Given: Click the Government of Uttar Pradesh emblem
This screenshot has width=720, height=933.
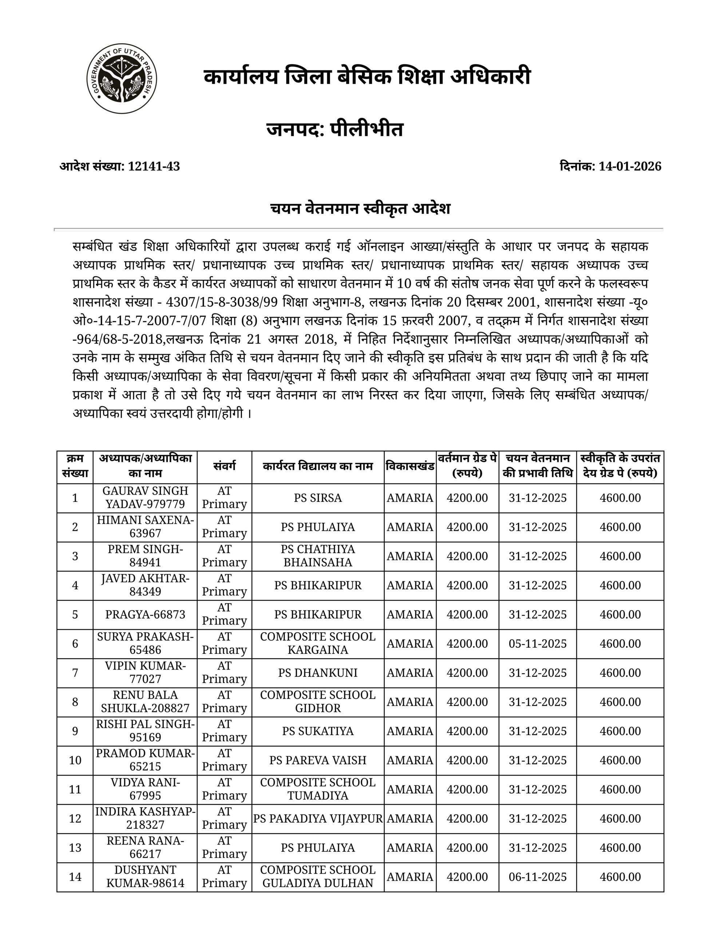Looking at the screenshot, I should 122,79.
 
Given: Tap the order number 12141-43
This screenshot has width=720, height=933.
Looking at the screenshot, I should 154,166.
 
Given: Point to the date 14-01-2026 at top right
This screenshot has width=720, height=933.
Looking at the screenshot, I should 629,166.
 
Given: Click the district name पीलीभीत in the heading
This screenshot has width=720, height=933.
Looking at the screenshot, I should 367,129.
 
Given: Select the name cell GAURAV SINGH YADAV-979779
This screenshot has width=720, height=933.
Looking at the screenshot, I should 145,498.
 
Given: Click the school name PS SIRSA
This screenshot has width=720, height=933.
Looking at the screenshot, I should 317,498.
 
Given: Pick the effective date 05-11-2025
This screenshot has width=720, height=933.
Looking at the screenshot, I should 537,644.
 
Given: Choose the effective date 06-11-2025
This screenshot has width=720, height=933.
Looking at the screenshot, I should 537,877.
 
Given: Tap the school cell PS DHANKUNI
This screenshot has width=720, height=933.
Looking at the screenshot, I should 317,673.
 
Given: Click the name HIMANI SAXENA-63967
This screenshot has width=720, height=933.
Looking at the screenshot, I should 145,527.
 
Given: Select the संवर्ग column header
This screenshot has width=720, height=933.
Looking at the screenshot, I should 224,466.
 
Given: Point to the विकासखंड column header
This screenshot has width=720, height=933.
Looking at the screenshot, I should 410,466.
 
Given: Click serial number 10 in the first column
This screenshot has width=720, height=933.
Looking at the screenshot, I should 75,760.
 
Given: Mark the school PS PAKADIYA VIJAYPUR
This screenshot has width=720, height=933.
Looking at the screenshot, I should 317,819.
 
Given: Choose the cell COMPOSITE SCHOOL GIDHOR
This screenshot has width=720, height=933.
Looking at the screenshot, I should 317,702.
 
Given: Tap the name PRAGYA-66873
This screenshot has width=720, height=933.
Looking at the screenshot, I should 145,615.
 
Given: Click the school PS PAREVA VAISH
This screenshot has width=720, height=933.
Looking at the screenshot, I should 317,760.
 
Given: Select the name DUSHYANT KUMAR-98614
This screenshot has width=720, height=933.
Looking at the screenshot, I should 145,877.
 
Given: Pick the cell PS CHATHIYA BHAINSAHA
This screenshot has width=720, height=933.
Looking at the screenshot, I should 317,556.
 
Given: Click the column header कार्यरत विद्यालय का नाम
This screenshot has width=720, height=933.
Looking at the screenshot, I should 317,466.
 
